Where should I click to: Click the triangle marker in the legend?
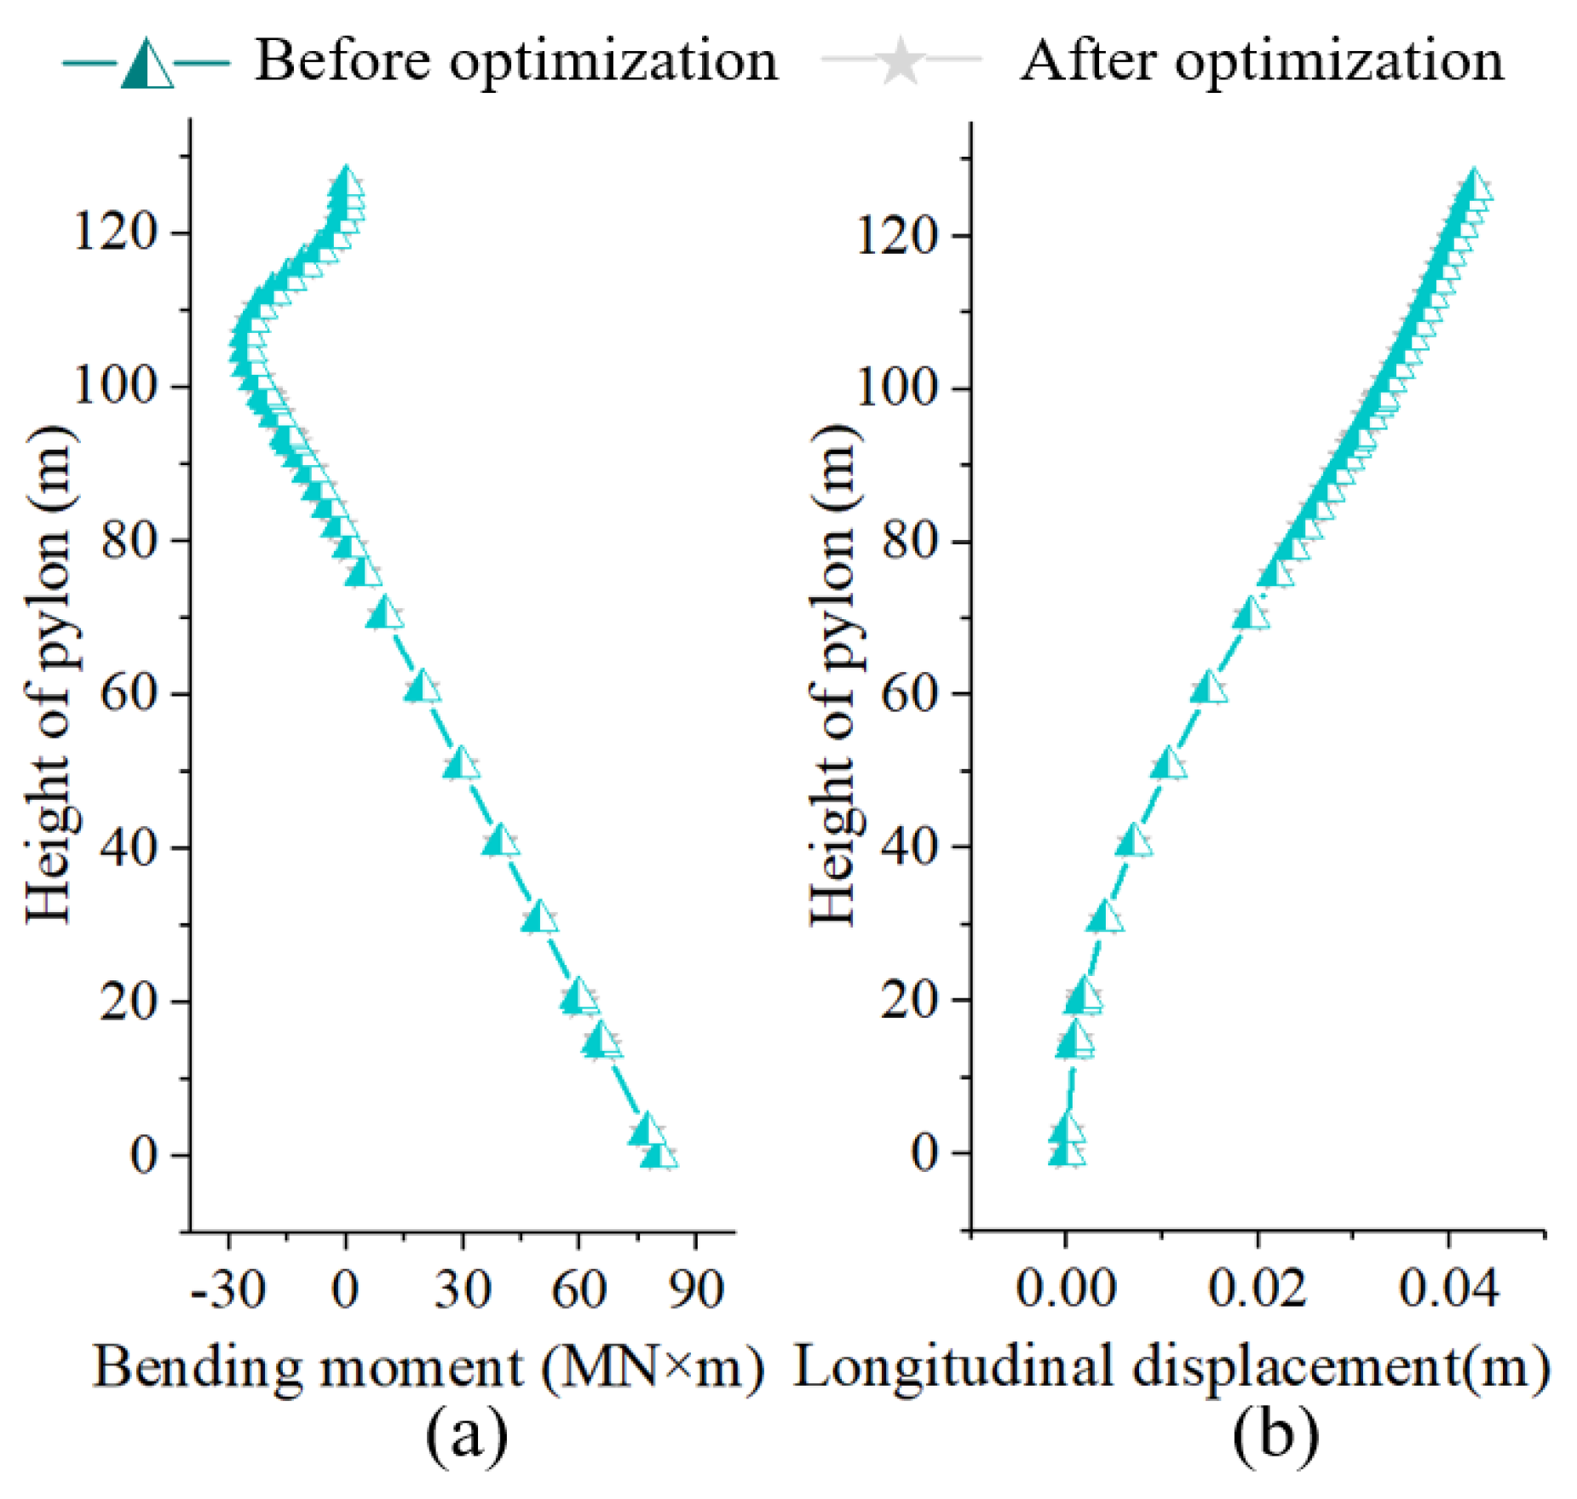click(x=147, y=64)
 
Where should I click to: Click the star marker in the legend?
click(x=901, y=62)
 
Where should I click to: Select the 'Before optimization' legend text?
click(x=516, y=61)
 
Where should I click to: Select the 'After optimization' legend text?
click(x=1262, y=61)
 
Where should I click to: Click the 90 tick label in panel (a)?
click(x=696, y=1289)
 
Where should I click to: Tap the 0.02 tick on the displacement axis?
click(x=1257, y=1288)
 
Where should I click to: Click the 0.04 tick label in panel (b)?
click(x=1448, y=1288)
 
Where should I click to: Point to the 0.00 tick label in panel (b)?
click(x=1065, y=1288)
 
